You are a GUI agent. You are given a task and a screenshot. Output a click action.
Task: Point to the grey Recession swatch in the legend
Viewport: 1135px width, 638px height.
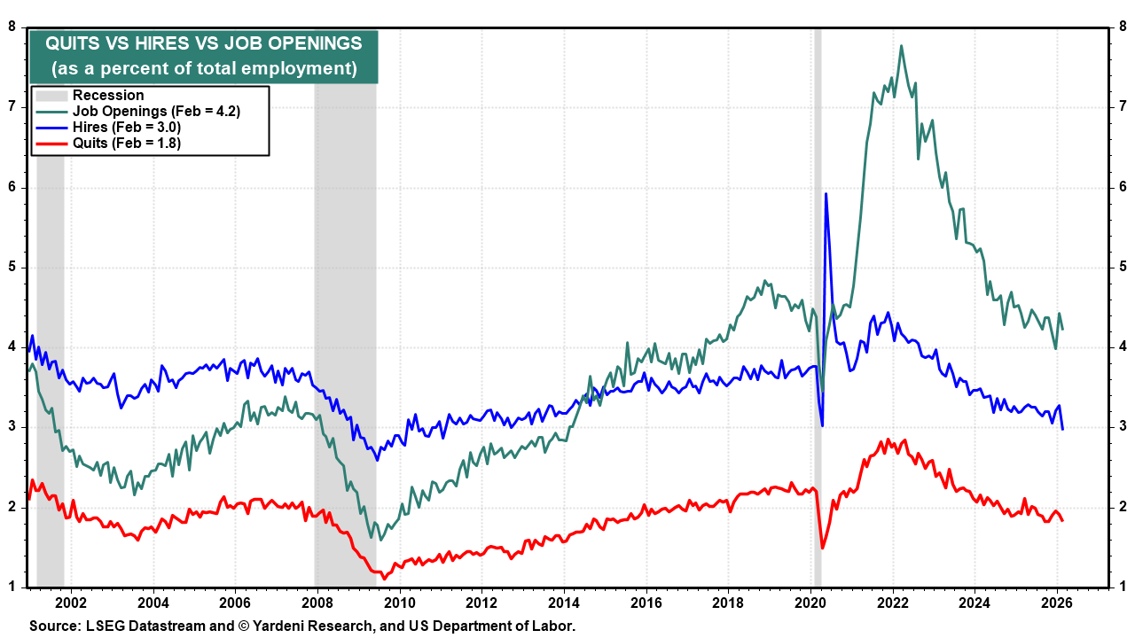pos(51,96)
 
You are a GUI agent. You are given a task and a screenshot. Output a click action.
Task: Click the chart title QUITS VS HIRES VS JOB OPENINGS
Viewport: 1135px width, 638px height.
pos(204,44)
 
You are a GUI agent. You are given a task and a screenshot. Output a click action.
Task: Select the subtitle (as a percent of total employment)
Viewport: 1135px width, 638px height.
pos(204,69)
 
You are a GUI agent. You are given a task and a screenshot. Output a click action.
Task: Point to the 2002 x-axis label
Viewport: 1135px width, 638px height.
pos(71,601)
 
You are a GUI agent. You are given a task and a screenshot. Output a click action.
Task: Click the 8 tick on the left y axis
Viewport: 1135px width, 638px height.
pos(13,27)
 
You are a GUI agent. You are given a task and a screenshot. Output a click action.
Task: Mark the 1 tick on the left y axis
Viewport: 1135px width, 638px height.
pos(13,587)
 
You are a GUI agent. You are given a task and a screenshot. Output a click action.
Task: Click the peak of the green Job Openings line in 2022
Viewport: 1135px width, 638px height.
pos(902,46)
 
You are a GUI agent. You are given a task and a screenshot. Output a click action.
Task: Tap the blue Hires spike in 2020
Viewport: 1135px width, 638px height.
pos(826,193)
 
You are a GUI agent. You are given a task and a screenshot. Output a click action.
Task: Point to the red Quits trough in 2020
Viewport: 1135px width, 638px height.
pos(822,548)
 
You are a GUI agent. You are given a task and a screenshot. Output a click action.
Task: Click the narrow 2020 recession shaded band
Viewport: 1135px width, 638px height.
pos(818,266)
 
